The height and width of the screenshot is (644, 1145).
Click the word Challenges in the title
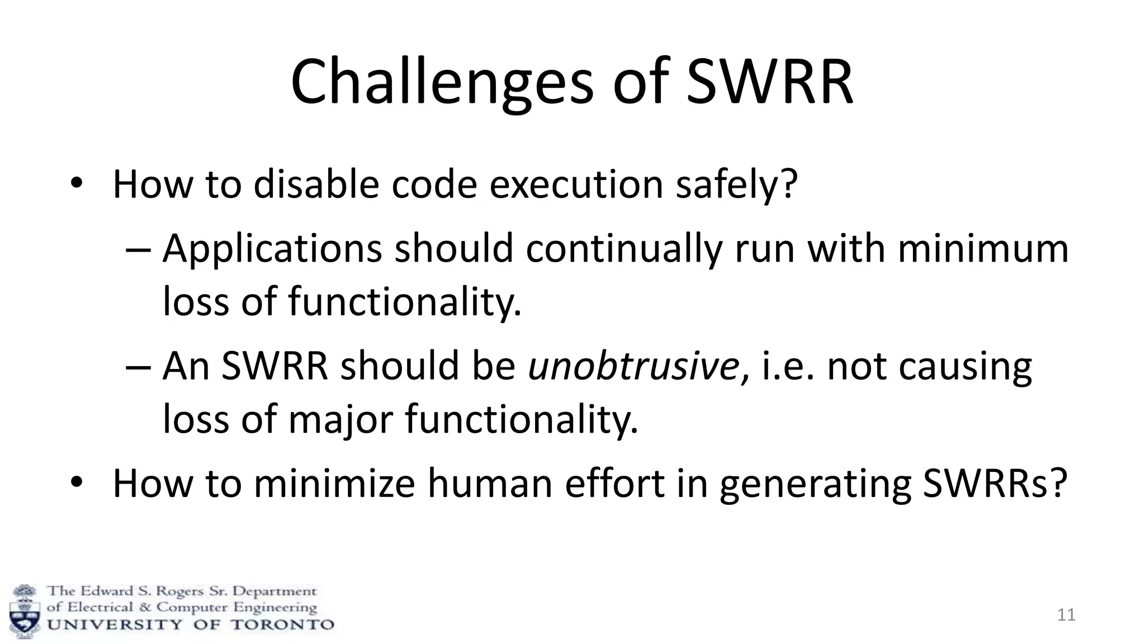pos(442,83)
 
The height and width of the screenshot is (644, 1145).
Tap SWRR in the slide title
pos(770,83)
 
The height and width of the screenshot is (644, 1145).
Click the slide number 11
pos(1066,615)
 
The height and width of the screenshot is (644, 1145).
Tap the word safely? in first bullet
pos(736,184)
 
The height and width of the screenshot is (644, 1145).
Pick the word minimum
pos(983,248)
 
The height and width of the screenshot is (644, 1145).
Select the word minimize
pos(334,483)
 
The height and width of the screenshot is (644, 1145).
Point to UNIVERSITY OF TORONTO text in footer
pos(190,624)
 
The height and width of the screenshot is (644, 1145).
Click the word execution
pos(576,184)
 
